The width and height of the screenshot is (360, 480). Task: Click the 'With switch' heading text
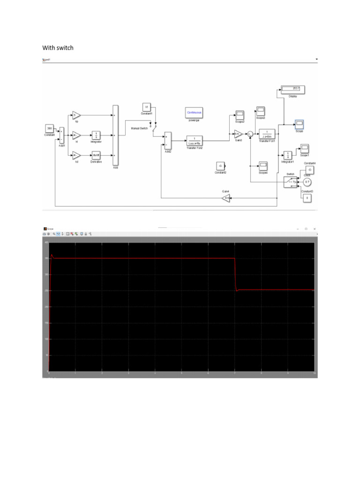click(x=58, y=48)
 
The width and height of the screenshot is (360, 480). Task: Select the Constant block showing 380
click(x=50, y=128)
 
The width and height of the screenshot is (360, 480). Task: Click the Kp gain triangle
click(x=76, y=115)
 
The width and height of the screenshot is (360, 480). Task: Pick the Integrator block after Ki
click(x=96, y=135)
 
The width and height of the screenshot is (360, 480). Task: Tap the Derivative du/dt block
click(x=96, y=156)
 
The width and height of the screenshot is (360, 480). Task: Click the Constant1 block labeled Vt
click(x=146, y=107)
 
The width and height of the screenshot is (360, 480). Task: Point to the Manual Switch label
click(x=140, y=127)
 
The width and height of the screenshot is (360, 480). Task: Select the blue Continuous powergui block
click(x=194, y=113)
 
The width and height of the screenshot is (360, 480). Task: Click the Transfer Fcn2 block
click(x=194, y=139)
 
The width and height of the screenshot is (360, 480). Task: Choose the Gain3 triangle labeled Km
click(x=239, y=134)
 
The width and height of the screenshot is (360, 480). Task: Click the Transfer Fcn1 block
click(x=267, y=134)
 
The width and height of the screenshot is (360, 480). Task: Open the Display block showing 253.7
click(x=293, y=89)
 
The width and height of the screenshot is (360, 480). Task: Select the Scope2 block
click(x=240, y=115)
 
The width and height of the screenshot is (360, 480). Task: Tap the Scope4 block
click(x=263, y=165)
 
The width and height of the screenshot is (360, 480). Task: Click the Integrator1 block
click(x=287, y=155)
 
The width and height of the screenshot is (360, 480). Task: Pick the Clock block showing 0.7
click(x=307, y=182)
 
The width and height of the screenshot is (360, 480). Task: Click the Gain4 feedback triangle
click(x=226, y=198)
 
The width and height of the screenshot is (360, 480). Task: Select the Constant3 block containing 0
click(x=307, y=198)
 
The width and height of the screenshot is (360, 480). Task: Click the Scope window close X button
click(x=314, y=228)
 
